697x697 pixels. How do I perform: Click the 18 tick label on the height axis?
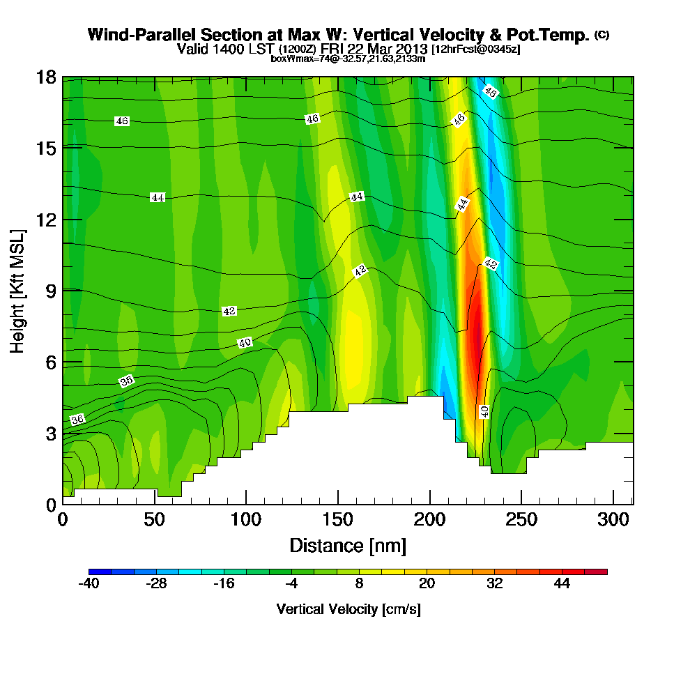pyautogui.click(x=47, y=77)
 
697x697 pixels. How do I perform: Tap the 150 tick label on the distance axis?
pyautogui.click(x=338, y=520)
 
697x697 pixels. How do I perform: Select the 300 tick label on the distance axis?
pyautogui.click(x=613, y=520)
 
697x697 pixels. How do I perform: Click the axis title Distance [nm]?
pyautogui.click(x=348, y=545)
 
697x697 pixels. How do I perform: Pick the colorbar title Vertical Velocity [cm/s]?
pyautogui.click(x=348, y=609)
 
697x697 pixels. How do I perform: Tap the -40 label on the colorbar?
pyautogui.click(x=89, y=584)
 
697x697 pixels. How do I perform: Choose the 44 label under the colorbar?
pyautogui.click(x=562, y=584)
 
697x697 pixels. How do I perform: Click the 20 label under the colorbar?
pyautogui.click(x=427, y=584)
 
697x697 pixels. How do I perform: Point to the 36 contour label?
pyautogui.click(x=77, y=420)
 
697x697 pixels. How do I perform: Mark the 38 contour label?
pyautogui.click(x=126, y=381)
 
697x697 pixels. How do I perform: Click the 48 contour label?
pyautogui.click(x=490, y=91)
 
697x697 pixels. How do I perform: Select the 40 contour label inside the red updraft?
pyautogui.click(x=484, y=411)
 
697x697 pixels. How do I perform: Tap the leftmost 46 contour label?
pyautogui.click(x=122, y=121)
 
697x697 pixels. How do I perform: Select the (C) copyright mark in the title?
pyautogui.click(x=602, y=34)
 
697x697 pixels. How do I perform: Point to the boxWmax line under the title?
pyautogui.click(x=348, y=59)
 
